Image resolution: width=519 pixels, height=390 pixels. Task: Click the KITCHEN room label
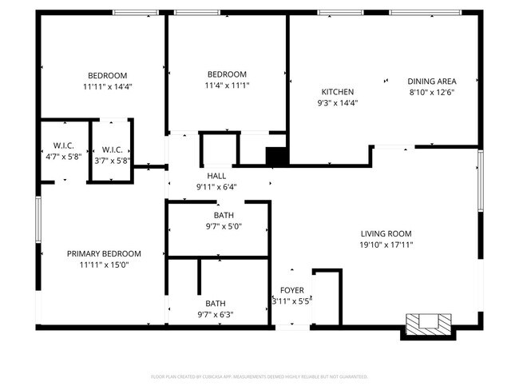(x=337, y=91)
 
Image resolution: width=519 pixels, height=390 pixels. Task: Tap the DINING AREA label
(x=431, y=81)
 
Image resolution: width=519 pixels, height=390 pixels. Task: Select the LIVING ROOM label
(x=386, y=233)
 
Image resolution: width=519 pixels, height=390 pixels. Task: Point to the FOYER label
(x=291, y=290)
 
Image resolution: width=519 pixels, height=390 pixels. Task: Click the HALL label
(x=216, y=176)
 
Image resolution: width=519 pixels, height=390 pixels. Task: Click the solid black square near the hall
(x=276, y=157)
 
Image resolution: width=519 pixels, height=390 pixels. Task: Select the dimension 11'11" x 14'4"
(x=107, y=86)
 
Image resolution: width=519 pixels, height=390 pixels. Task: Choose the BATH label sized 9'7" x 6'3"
(x=216, y=304)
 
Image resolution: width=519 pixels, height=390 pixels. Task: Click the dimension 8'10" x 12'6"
(x=431, y=92)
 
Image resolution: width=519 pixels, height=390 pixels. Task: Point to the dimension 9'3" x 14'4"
(x=337, y=102)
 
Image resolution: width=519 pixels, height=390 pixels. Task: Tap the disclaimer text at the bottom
(x=259, y=376)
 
